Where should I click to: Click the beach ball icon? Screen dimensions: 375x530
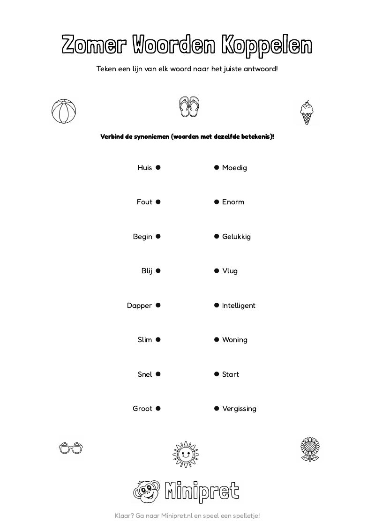tap(63, 112)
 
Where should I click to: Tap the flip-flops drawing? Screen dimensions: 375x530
tap(189, 107)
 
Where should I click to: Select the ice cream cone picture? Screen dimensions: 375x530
tap(306, 112)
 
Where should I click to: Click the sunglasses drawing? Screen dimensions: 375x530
tap(70, 448)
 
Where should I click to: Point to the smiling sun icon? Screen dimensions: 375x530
tap(186, 454)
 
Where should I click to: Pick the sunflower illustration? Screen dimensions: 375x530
tap(309, 449)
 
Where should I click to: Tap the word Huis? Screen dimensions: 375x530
tap(145, 168)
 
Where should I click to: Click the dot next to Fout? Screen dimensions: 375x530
tap(158, 202)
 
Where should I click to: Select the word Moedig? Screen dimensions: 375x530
tap(234, 168)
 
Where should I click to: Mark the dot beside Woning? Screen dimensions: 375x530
tap(217, 340)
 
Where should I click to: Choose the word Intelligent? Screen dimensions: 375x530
tap(239, 306)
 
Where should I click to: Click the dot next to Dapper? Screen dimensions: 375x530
tap(158, 306)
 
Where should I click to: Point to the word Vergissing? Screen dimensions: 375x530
tap(239, 409)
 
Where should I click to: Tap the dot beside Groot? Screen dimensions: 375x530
tap(158, 409)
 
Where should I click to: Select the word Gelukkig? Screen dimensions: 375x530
tap(236, 237)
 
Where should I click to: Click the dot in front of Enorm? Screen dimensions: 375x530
tap(217, 202)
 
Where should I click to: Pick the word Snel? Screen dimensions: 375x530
tap(145, 374)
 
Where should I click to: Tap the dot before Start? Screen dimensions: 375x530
tap(217, 374)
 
